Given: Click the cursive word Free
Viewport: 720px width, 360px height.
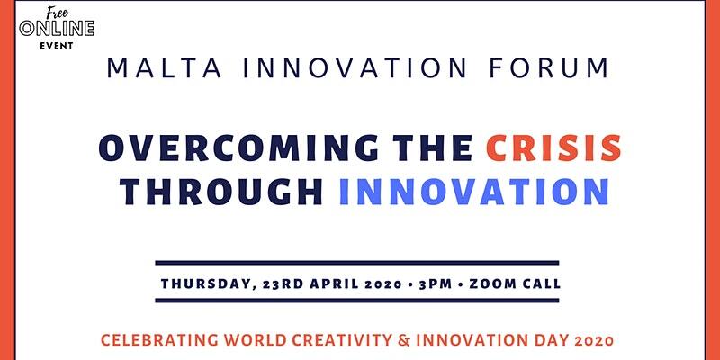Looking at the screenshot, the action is point(58,13).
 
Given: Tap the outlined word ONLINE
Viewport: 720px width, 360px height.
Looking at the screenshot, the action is point(57,29).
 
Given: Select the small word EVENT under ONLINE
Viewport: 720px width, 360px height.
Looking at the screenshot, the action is point(57,46).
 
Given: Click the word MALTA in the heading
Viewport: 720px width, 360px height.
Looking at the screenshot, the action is point(165,67).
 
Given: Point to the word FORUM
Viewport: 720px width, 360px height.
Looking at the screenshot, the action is point(549,67).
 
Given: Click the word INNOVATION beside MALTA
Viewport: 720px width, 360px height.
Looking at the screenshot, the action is point(355,67).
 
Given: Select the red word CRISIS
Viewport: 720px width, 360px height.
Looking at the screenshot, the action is point(553,148).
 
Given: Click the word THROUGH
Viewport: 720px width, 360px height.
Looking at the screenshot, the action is point(220,192).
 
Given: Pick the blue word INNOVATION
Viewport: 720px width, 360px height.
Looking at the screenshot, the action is point(474,192).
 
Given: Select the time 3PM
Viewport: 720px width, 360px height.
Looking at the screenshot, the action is point(436,283).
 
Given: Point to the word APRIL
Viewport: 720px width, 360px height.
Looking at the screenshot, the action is point(335,283).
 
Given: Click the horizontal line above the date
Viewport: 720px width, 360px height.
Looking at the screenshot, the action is point(357,263).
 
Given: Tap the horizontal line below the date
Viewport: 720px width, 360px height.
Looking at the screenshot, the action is point(357,301).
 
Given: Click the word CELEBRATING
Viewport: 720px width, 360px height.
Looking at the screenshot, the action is point(159,340).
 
